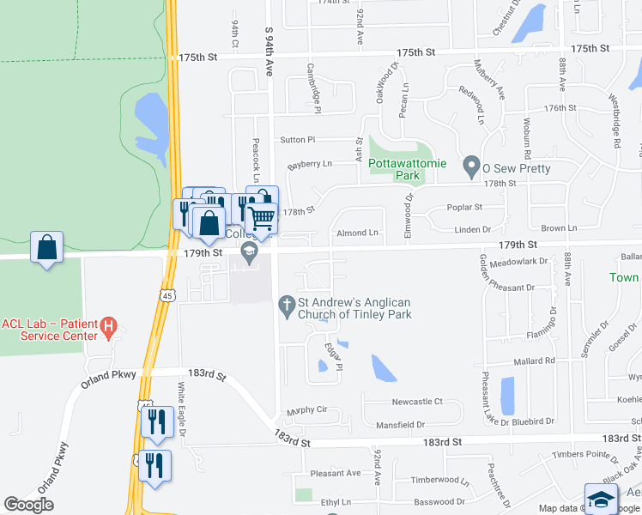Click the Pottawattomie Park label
394,169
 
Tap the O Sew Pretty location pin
470,163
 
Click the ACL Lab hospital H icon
108,327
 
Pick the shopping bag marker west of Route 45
47,248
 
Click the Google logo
28,505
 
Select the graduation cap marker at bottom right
601,500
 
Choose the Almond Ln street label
357,233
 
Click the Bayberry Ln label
309,164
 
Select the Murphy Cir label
308,410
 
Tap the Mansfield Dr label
400,424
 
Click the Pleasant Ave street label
336,473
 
